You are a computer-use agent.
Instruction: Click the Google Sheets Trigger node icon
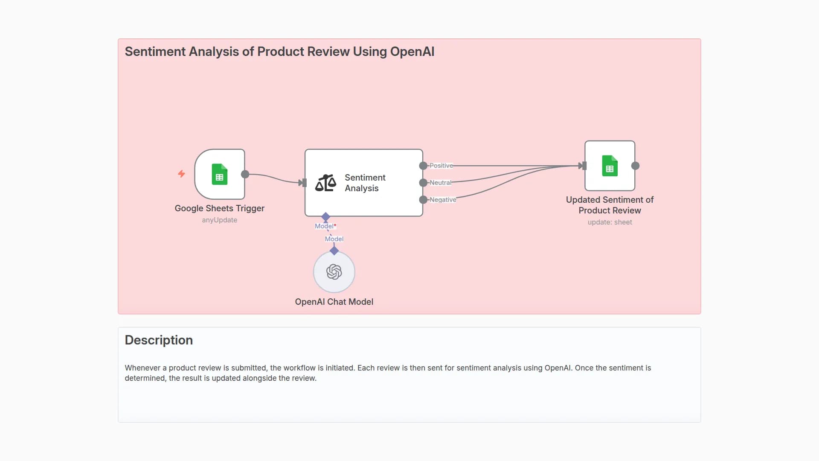(x=219, y=174)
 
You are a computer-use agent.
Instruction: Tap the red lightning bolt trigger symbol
(x=181, y=174)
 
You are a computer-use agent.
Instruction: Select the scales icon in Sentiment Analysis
(x=325, y=183)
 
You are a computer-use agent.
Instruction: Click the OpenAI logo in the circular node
(x=334, y=272)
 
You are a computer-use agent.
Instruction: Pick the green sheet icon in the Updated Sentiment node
(x=610, y=166)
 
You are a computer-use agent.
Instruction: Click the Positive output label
(x=441, y=166)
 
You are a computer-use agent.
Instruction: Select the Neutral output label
(x=440, y=183)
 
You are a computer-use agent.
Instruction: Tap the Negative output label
(x=443, y=200)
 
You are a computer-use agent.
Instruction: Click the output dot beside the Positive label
(x=423, y=166)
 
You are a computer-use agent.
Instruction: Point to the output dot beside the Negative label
(x=423, y=200)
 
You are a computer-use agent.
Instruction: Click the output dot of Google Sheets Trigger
(x=245, y=174)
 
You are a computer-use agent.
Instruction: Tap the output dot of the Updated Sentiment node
(x=635, y=166)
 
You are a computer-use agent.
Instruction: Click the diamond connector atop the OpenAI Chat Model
(x=334, y=251)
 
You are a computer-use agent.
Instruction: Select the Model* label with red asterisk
(x=325, y=226)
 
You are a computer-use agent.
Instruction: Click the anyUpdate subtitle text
(x=219, y=220)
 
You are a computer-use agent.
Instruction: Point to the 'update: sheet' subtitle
(x=610, y=222)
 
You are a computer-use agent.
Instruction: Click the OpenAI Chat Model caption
(x=334, y=302)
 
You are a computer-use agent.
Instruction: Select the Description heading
(x=159, y=340)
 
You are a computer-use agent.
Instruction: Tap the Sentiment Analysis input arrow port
(x=303, y=183)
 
